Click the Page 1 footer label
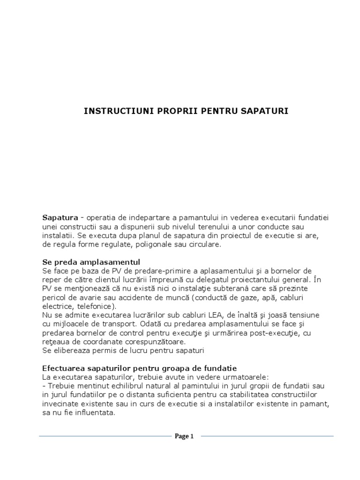184,436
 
